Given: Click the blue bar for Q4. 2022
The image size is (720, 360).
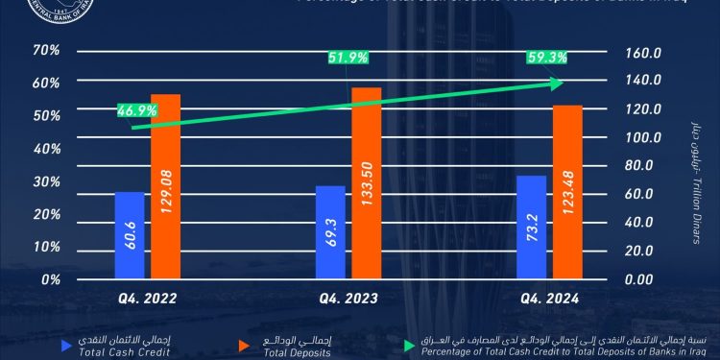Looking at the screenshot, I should coord(130,235).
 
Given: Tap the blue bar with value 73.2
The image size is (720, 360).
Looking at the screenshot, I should coord(531,227).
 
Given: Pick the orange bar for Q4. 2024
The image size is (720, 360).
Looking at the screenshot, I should coord(567,192).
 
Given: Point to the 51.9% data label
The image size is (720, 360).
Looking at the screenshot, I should coord(348,58).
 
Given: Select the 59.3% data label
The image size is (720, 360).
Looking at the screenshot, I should coord(546,58).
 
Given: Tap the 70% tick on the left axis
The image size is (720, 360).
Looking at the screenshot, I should coord(46,50).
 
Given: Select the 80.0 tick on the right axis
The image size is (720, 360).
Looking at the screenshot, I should coord(645,165).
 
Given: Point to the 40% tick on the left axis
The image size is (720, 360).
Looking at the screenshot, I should coord(46,149).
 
